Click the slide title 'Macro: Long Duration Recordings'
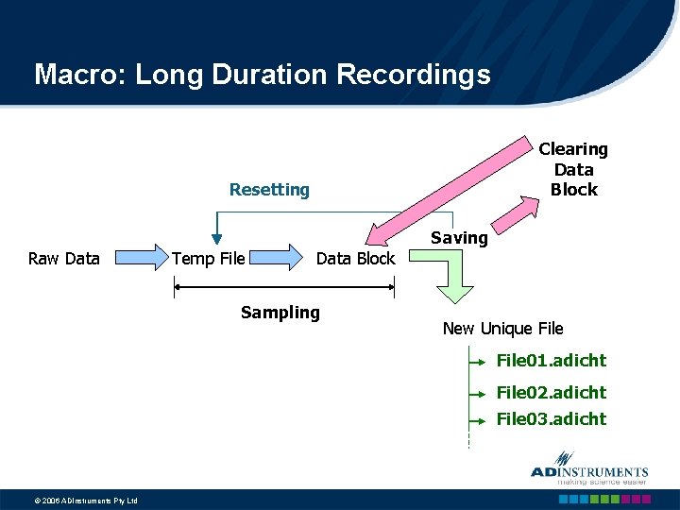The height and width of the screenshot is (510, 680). pos(262,75)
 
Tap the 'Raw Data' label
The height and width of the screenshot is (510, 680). pos(64,259)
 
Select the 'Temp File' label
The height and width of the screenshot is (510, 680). pos(208,259)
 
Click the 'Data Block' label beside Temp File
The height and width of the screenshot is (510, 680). pos(355,259)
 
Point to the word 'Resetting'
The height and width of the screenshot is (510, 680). pos(269,190)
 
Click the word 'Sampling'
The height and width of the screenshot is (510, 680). pos(280,313)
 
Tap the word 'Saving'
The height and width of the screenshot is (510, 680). pos(459,238)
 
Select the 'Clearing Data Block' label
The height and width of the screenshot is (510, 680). pos(573,170)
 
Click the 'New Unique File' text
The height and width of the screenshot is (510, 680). pos(502,329)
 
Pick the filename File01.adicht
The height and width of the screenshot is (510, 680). pos(552,361)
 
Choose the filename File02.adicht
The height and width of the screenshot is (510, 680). pos(552,392)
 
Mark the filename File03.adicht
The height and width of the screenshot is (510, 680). pos(552,419)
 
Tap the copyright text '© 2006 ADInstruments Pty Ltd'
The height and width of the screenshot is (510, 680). pos(72,501)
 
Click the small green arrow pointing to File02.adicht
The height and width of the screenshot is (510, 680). pos(477,392)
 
